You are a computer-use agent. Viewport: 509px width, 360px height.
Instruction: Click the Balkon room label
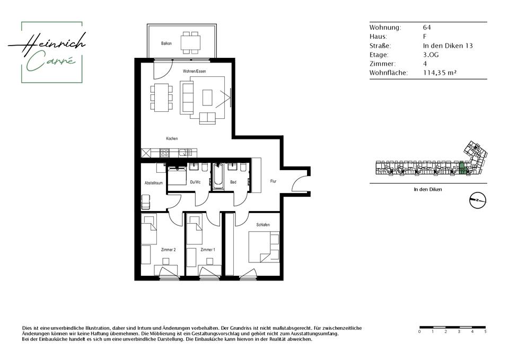[166, 43]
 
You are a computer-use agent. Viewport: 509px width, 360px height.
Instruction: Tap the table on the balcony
[190, 42]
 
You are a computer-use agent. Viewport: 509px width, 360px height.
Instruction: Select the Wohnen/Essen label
[194, 71]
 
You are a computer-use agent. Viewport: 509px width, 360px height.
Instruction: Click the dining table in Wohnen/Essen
[161, 96]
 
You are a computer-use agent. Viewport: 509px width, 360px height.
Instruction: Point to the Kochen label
[172, 138]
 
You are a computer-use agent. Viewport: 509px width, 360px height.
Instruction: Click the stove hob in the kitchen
[164, 152]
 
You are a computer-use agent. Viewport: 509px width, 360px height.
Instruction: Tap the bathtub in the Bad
[218, 177]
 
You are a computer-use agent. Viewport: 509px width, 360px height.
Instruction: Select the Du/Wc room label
[195, 182]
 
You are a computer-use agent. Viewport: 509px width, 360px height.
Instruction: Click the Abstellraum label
[154, 183]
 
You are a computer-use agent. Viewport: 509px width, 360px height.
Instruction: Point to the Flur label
[274, 181]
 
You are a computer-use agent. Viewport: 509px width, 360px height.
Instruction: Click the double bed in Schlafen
[264, 247]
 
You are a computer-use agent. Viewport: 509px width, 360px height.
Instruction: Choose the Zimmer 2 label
[169, 250]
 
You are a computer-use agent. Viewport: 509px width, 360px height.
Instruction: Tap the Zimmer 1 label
[208, 250]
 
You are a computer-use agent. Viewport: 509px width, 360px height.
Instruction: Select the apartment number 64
[427, 28]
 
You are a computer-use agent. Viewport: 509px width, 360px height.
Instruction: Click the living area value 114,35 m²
[440, 73]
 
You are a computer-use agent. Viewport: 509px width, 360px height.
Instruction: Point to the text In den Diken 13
[447, 46]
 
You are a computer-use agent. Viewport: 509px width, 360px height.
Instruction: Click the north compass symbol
[478, 200]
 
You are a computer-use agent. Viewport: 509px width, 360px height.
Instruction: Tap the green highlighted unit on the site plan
[462, 168]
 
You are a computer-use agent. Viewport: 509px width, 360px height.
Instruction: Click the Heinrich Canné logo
[47, 52]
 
